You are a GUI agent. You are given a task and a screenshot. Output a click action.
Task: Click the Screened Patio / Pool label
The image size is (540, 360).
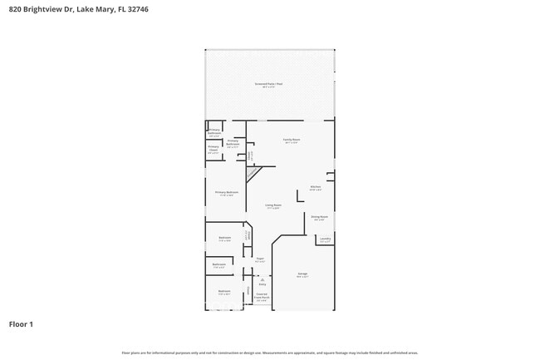coord(269,84)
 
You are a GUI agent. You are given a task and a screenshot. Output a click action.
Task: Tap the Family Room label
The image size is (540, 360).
coord(292,140)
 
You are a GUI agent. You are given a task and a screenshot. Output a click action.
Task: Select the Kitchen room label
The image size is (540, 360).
coord(316,187)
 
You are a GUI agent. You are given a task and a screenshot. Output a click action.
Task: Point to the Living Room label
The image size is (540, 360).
coord(273,206)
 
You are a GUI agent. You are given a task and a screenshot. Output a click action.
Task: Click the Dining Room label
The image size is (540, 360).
coord(319,218)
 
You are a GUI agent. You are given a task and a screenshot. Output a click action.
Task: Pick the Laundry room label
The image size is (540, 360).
coord(324,239)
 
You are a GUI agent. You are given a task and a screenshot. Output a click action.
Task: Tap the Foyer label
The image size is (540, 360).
coord(260,260)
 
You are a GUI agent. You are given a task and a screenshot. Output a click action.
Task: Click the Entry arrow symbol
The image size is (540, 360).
coord(262,279)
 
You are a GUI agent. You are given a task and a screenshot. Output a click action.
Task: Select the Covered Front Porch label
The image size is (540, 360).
coord(262,296)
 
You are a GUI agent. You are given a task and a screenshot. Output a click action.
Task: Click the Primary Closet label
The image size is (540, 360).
coord(214,150)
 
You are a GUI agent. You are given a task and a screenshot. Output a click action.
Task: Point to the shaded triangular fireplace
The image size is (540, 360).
coord(253,172)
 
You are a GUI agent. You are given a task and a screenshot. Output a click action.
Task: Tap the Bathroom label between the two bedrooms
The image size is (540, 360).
coord(219,265)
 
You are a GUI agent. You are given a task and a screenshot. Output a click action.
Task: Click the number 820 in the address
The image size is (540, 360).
coord(16,9)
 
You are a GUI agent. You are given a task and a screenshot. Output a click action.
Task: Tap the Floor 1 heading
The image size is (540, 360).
coord(21,323)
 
